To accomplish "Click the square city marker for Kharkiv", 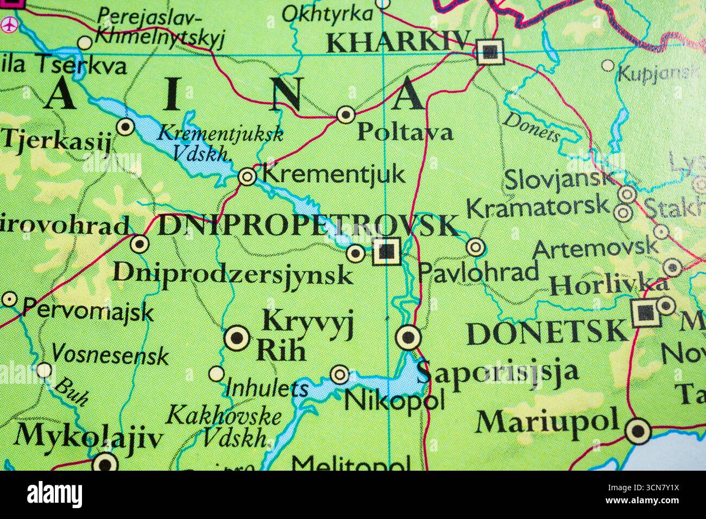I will click(x=490, y=52).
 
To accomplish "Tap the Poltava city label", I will click(x=405, y=132).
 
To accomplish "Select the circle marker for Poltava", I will click(x=346, y=115).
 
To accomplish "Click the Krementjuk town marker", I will click(x=247, y=176).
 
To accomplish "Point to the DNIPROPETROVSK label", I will click(x=308, y=226).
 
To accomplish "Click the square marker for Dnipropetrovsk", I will click(x=387, y=251).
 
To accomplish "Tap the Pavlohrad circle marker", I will click(x=476, y=248).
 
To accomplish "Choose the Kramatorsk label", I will click(x=538, y=207).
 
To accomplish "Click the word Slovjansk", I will click(x=559, y=180).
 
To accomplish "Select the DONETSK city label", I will click(x=547, y=332).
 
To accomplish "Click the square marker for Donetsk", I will click(x=645, y=312).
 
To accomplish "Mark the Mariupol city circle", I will click(x=638, y=432).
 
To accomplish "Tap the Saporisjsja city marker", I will click(x=408, y=338).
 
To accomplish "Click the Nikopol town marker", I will click(x=340, y=374).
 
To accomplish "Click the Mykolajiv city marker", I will click(x=105, y=463).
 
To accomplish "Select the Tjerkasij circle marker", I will click(x=125, y=127).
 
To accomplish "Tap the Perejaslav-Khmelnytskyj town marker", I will click(x=85, y=43).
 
